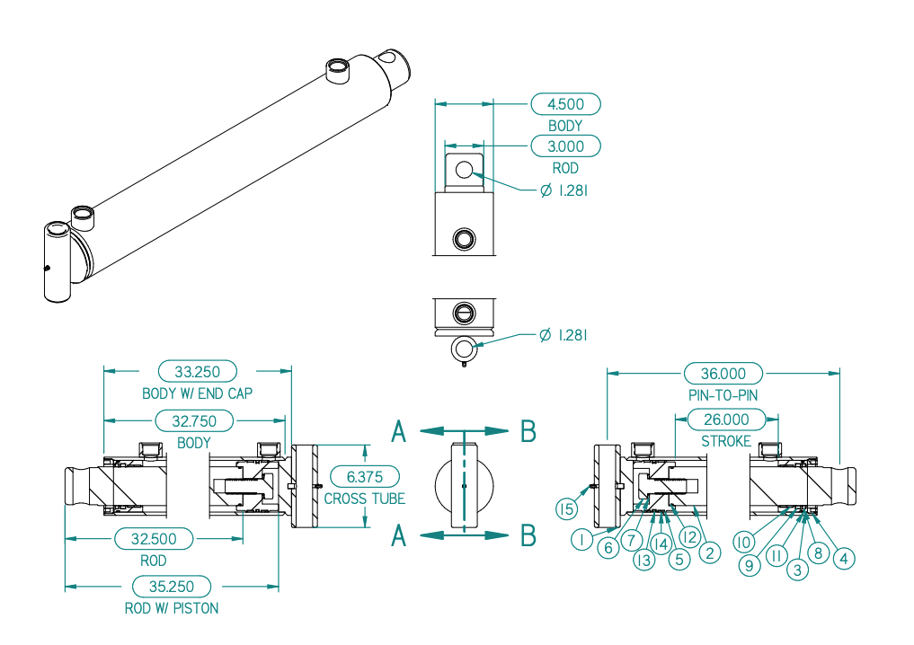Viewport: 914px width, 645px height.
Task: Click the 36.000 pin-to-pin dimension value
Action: [723, 374]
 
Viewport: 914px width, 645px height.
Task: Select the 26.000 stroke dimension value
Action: [726, 420]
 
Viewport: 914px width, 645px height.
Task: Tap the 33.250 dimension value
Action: [198, 372]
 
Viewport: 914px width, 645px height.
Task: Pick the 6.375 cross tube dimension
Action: [365, 477]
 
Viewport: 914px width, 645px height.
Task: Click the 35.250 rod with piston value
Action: [172, 586]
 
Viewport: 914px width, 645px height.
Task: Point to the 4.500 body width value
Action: [565, 104]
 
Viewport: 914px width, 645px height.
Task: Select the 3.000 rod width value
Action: [565, 146]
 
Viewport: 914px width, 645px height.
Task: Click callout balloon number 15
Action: [566, 509]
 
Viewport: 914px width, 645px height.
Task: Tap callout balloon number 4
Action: [844, 559]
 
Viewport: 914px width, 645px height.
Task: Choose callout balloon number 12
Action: [689, 536]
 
